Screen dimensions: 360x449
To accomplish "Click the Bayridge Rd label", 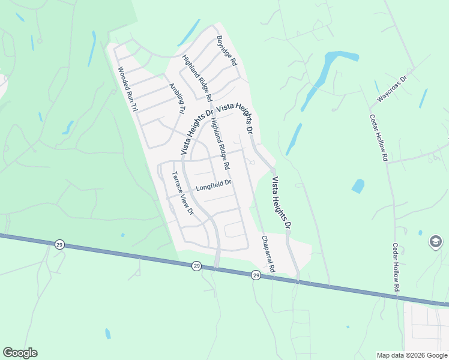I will coord(228,51).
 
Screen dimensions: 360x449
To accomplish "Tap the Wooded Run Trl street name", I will coord(128,89).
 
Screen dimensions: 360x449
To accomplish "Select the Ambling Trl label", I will coord(176,98).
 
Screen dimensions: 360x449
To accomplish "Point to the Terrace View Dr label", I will coord(182,193).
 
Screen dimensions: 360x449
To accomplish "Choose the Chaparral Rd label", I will coord(267,254).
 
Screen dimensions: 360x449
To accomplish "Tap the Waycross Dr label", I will coord(392,88).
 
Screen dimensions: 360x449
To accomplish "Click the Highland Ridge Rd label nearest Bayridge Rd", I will coord(197,78).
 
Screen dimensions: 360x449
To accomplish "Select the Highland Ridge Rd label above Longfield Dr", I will coord(220,142).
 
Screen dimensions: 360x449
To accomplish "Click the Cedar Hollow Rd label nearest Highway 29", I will coord(396,267).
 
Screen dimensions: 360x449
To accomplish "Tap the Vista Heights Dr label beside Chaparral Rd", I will coord(281,203).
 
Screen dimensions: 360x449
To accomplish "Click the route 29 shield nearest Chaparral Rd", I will coord(256,275).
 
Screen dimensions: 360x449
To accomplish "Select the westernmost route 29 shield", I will coord(59,245).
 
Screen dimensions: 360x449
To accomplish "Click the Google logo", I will coord(20,353).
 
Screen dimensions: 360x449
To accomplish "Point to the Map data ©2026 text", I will coord(412,355).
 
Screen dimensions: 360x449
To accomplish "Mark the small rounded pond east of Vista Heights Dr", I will coord(358,186).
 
